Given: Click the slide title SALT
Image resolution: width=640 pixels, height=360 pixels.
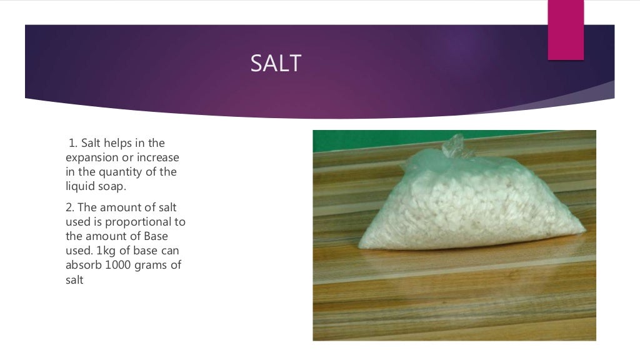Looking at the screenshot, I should pyautogui.click(x=276, y=64).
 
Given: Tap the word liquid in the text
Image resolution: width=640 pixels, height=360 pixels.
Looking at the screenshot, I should pyautogui.click(x=79, y=186).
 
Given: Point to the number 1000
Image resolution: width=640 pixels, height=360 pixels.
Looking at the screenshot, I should pyautogui.click(x=117, y=264).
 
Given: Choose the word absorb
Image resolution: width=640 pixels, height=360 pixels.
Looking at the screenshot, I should pyautogui.click(x=82, y=264).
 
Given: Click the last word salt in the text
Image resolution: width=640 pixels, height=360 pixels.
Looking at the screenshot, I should pyautogui.click(x=74, y=279).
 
